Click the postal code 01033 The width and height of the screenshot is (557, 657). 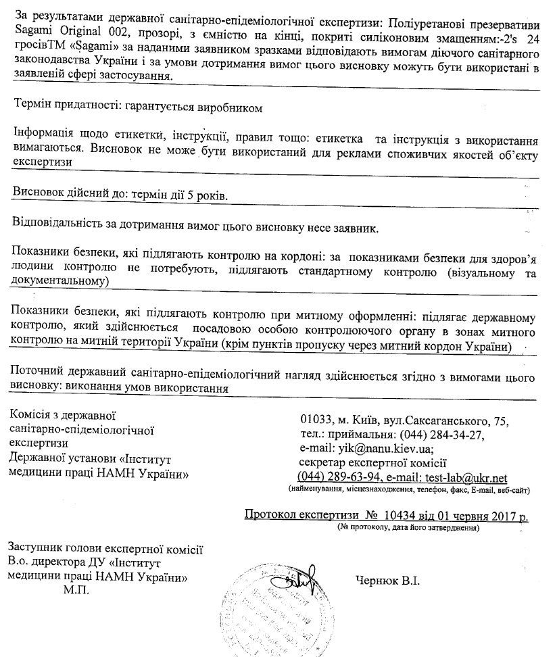coord(315,420)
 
